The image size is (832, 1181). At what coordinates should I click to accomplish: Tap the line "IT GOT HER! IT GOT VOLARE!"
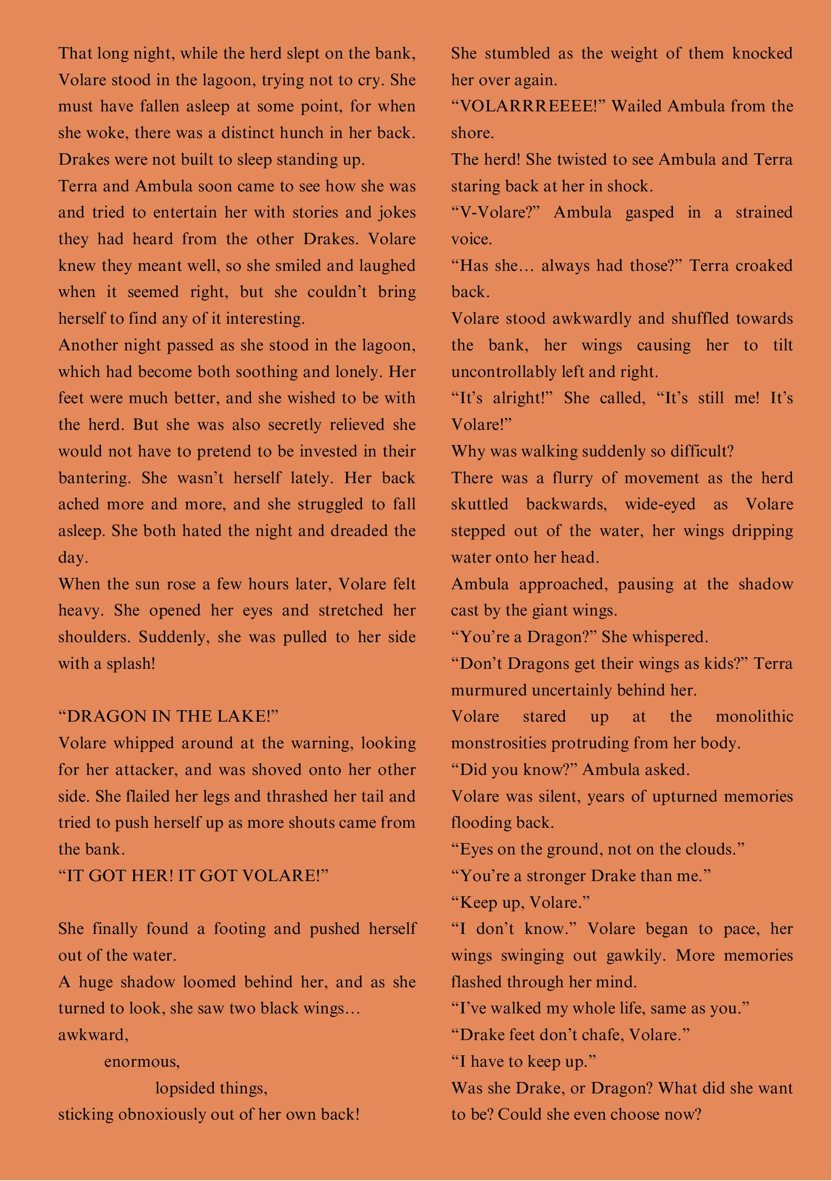tap(193, 875)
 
